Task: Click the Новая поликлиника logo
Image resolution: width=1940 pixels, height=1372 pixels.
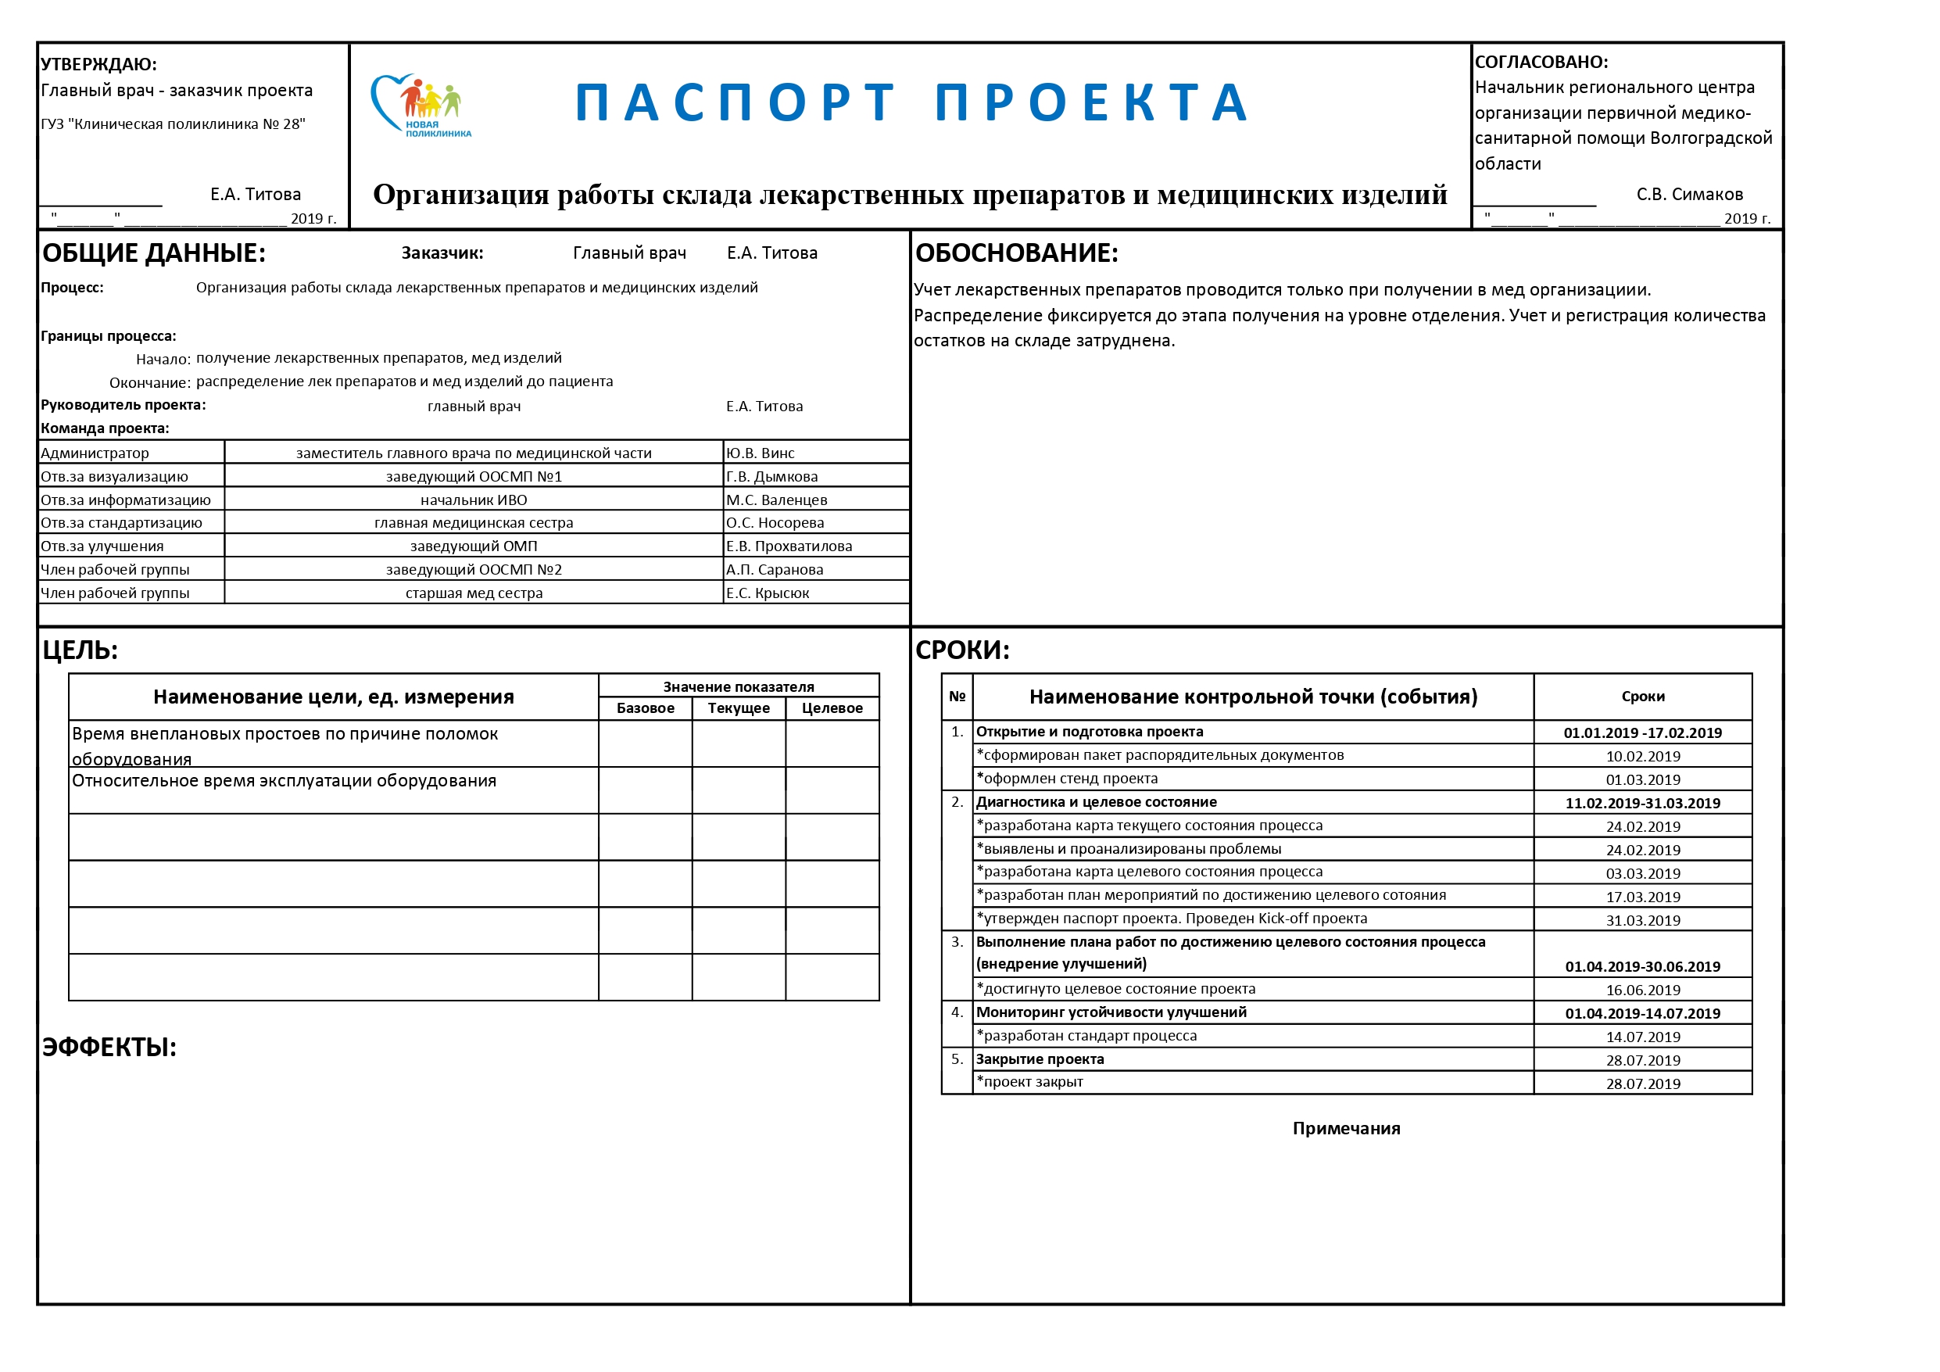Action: [x=421, y=106]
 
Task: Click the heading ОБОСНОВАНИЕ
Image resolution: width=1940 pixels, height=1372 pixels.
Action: [x=1016, y=253]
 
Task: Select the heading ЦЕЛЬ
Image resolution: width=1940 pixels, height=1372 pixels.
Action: [x=81, y=650]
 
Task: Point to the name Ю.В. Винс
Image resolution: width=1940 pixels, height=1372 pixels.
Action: [x=761, y=453]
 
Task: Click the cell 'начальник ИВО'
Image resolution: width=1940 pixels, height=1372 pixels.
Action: [x=473, y=500]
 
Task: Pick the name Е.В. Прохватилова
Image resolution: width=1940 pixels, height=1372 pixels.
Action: [x=789, y=546]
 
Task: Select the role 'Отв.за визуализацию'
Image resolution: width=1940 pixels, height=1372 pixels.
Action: [x=115, y=477]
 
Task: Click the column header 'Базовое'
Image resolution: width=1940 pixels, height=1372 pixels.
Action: [x=646, y=708]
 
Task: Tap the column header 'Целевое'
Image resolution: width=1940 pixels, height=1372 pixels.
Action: [x=832, y=708]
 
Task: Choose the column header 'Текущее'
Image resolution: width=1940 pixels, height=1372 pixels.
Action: [x=739, y=708]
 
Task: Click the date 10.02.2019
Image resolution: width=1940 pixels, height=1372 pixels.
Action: [x=1642, y=757]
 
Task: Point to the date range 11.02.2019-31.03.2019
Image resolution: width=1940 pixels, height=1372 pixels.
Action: [x=1642, y=803]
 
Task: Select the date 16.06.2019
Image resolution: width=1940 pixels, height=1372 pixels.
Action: [x=1642, y=990]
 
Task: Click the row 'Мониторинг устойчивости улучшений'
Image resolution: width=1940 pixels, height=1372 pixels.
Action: [x=1111, y=1012]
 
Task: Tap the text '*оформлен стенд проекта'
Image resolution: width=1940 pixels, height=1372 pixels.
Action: [x=1067, y=779]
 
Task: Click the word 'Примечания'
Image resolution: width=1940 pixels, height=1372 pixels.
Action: [x=1346, y=1129]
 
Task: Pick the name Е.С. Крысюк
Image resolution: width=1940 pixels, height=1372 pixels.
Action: [x=768, y=593]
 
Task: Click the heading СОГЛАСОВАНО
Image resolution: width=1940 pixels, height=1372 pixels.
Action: [x=1541, y=62]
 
